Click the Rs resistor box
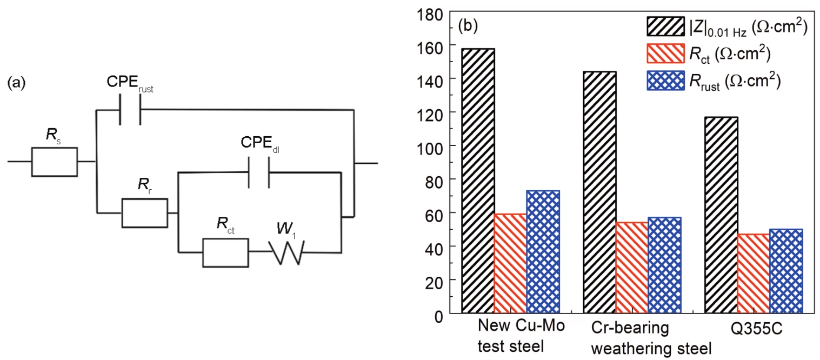54,161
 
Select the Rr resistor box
144,212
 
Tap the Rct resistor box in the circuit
225,252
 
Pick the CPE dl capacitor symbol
258,172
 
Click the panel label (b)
468,25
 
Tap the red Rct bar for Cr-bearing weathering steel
632,267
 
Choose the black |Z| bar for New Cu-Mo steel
478,181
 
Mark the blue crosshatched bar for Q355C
786,271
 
